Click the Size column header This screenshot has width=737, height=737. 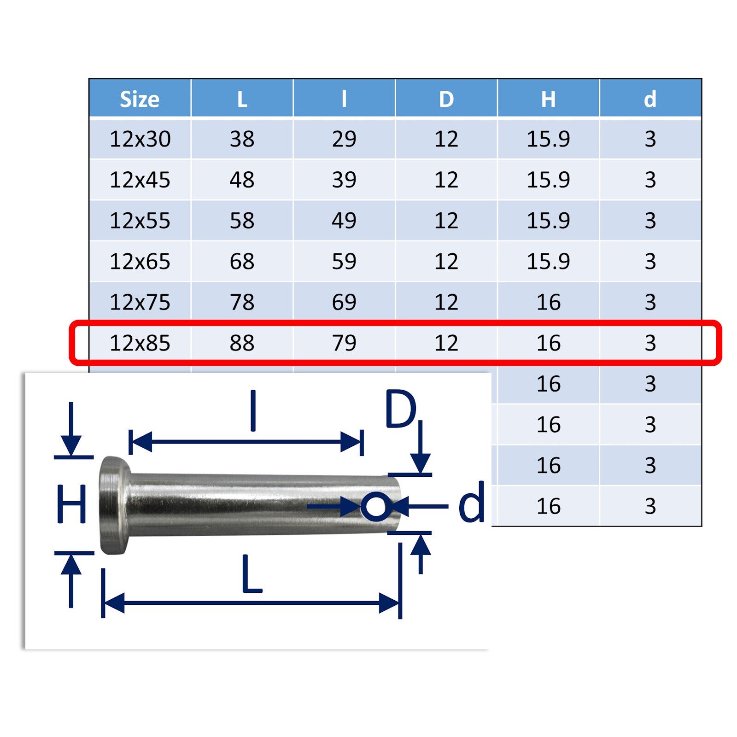pos(140,99)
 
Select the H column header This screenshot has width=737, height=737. pos(548,99)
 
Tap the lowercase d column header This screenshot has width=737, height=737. pos(650,99)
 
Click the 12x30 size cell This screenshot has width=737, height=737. pos(140,139)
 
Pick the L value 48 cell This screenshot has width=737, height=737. pos(242,180)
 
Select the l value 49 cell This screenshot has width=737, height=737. pos(344,221)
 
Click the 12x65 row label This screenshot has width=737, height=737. pos(140,262)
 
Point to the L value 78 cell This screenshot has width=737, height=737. pos(242,302)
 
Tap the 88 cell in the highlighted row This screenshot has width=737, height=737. pos(242,343)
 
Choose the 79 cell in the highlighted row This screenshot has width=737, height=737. pos(344,343)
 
